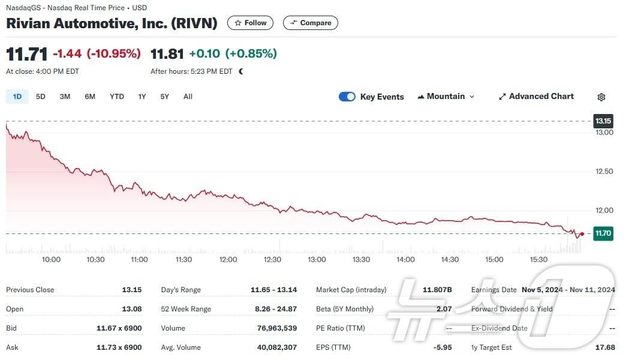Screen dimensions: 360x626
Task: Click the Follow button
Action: pyautogui.click(x=250, y=23)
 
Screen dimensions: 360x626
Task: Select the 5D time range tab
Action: pyautogui.click(x=41, y=97)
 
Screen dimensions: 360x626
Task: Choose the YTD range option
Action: pyautogui.click(x=117, y=97)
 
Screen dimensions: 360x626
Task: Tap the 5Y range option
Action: pyautogui.click(x=164, y=97)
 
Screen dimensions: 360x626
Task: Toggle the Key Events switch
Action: pyautogui.click(x=347, y=97)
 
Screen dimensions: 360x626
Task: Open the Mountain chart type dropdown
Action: pyautogui.click(x=446, y=97)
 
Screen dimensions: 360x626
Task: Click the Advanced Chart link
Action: pyautogui.click(x=536, y=97)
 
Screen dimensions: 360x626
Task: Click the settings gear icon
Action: pyautogui.click(x=601, y=97)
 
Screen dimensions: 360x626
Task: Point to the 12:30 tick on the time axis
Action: pyautogui.click(x=272, y=260)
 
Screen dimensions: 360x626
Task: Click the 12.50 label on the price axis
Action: pyautogui.click(x=604, y=172)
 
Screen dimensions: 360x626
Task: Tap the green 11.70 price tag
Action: pyautogui.click(x=603, y=233)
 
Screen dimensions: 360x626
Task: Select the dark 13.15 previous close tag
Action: pyautogui.click(x=603, y=121)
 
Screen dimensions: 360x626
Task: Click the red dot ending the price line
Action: pyautogui.click(x=582, y=234)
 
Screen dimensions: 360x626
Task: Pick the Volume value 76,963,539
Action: pyautogui.click(x=273, y=328)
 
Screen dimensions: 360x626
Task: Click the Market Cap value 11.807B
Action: pyautogui.click(x=437, y=290)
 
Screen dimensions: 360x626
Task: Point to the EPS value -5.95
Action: pyautogui.click(x=442, y=347)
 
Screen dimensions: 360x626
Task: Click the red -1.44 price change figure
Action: pyautogui.click(x=67, y=53)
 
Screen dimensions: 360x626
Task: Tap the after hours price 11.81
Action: pyautogui.click(x=167, y=53)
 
